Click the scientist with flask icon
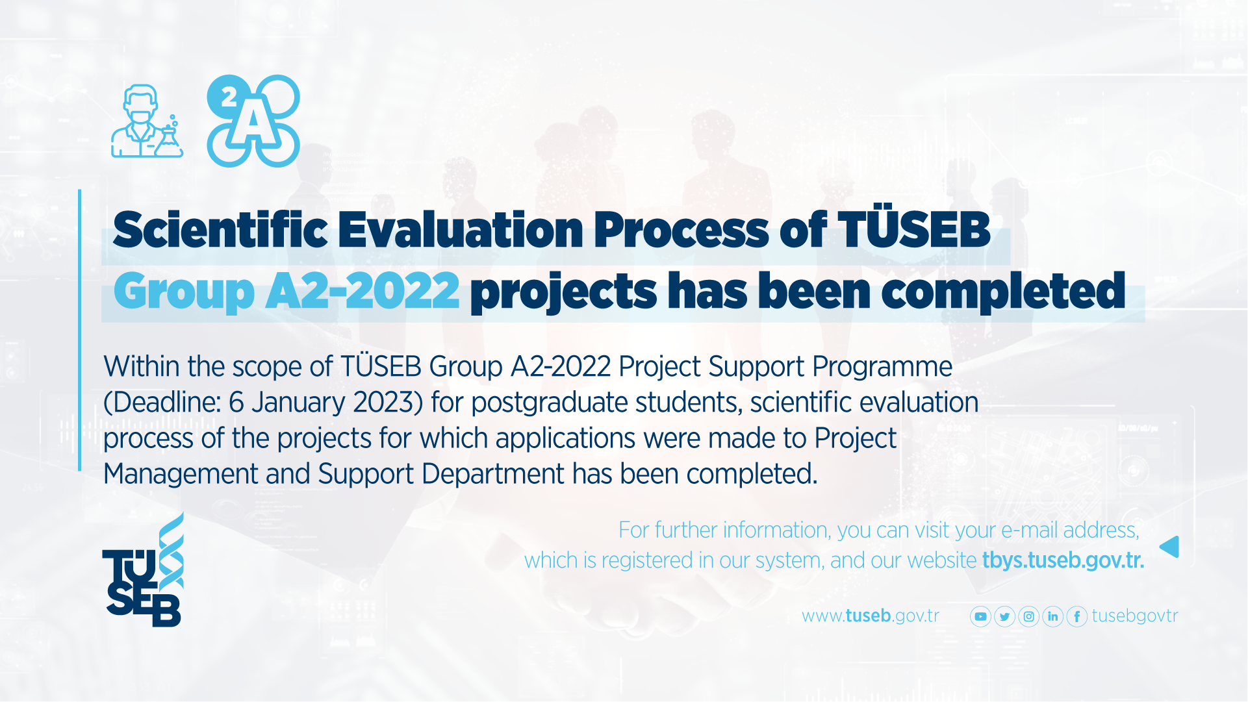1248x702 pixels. coord(147,121)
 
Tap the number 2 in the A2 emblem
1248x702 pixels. coord(229,97)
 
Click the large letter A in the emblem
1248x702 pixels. coord(254,123)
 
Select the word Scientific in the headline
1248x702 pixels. coord(220,230)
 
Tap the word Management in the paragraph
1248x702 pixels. coord(181,474)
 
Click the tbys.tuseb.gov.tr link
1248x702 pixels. coord(1063,560)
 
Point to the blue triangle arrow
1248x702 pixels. coord(1169,547)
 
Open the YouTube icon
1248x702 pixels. coord(980,616)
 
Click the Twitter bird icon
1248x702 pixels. coord(1004,616)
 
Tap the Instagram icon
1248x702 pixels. coord(1028,616)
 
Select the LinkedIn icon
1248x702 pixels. coord(1052,616)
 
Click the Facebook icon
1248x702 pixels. coord(1076,616)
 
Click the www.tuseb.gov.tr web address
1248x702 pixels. coord(871,616)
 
